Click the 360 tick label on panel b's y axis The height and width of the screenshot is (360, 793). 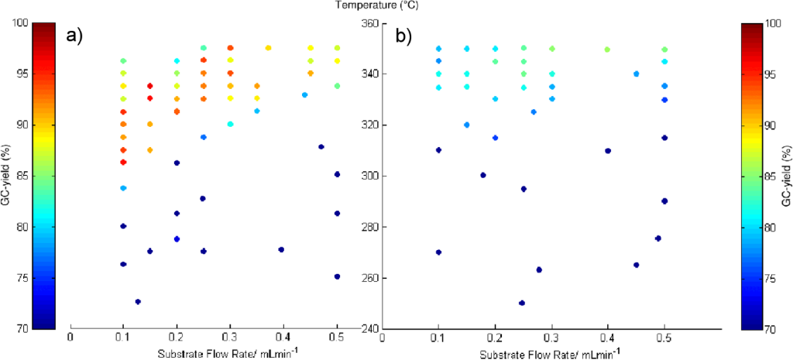pyautogui.click(x=370, y=23)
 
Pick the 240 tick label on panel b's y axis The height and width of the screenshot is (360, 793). pyautogui.click(x=370, y=329)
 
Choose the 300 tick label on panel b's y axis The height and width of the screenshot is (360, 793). pyautogui.click(x=370, y=177)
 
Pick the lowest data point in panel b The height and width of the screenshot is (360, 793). pyautogui.click(x=522, y=303)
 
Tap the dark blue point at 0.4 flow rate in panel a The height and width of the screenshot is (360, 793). pyautogui.click(x=281, y=249)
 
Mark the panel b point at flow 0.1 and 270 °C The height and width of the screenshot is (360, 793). pyautogui.click(x=438, y=252)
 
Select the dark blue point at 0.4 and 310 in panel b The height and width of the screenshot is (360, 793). pyautogui.click(x=608, y=151)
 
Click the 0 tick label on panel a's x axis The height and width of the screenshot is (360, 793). pyautogui.click(x=70, y=338)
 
